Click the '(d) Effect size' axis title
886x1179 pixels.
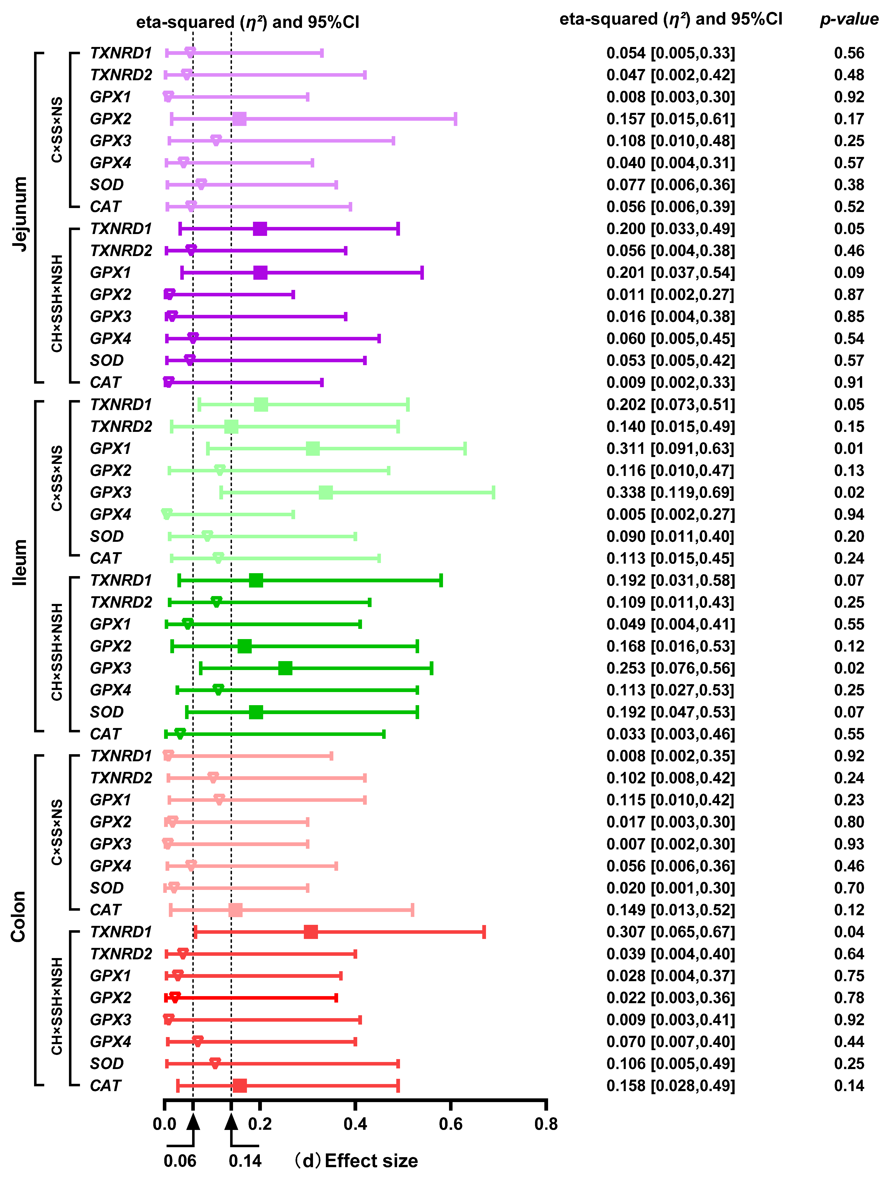pyautogui.click(x=356, y=1160)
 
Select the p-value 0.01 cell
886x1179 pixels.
pyautogui.click(x=849, y=448)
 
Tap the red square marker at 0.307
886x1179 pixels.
pyautogui.click(x=311, y=932)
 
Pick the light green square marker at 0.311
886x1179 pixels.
pyautogui.click(x=313, y=448)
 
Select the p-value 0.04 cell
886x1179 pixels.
pyautogui.click(x=849, y=932)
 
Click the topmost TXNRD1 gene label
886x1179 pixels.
pyautogui.click(x=121, y=53)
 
